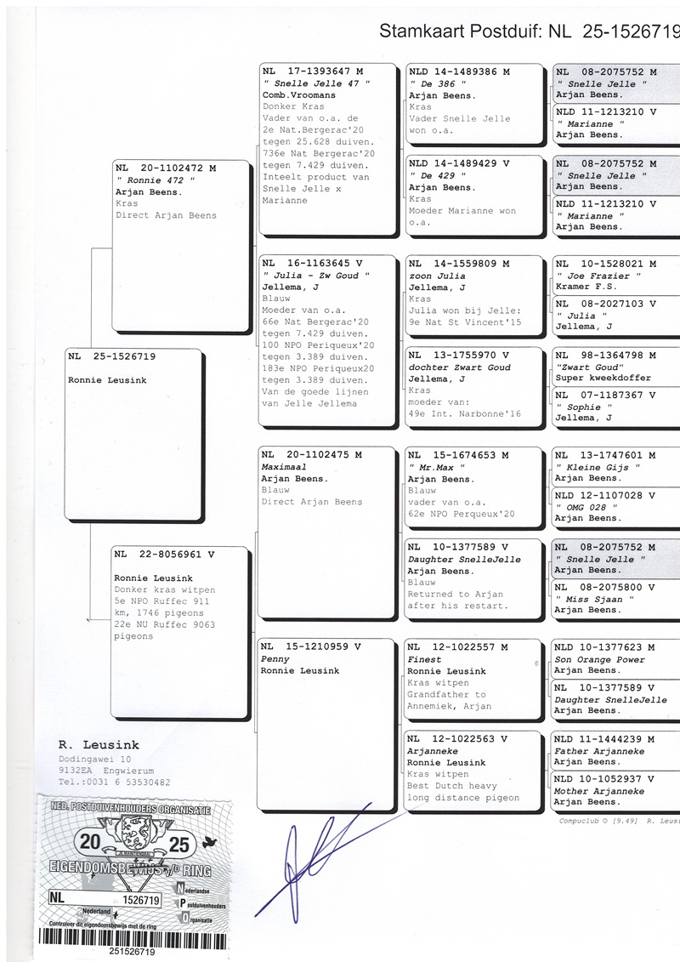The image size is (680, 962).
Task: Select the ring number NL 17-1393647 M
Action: tap(312, 72)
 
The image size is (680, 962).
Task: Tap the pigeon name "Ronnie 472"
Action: tap(155, 180)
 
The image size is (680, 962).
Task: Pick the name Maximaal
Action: tap(284, 467)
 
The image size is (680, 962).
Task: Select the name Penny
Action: tap(275, 659)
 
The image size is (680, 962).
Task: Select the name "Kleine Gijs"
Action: tap(592, 467)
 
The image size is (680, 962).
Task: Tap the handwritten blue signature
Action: tap(306, 859)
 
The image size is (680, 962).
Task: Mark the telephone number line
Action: tap(114, 782)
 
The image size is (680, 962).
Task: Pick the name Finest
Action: tap(424, 659)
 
